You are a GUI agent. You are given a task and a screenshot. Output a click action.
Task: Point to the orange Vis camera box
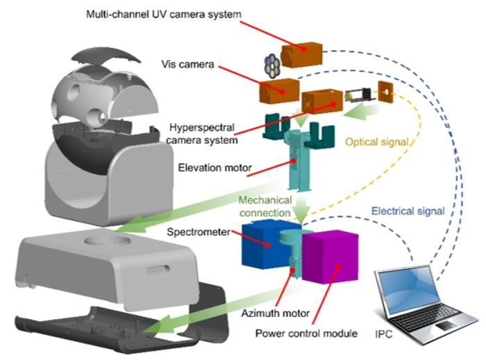coord(278,90)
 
